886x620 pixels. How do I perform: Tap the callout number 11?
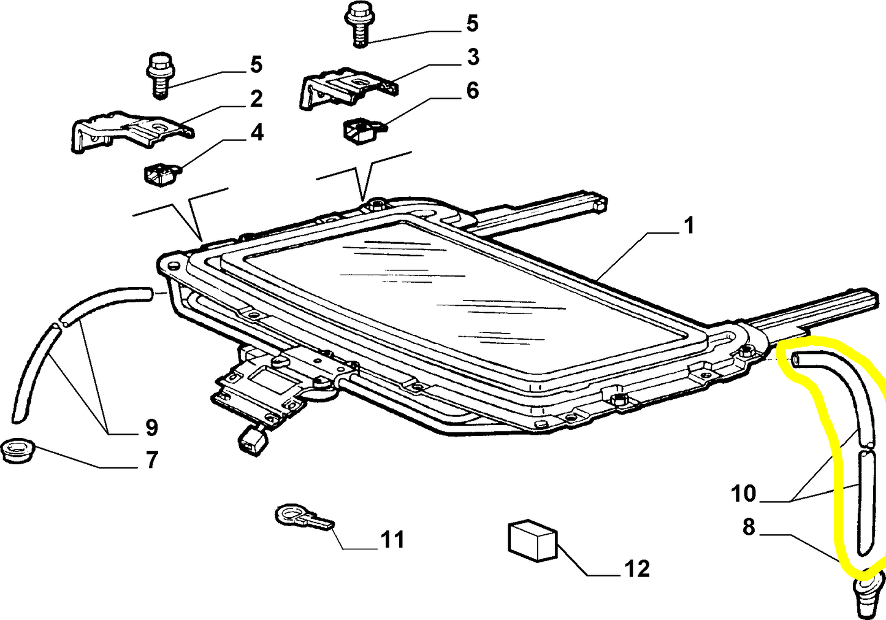point(392,540)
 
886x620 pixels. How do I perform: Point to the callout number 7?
point(151,459)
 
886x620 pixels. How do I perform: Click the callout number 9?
point(151,427)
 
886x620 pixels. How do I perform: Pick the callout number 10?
point(744,493)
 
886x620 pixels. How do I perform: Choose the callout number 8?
point(748,526)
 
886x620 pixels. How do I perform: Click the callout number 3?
point(472,57)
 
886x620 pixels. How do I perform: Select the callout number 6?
point(472,91)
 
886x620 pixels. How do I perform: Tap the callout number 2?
point(256,98)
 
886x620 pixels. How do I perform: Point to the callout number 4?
point(256,132)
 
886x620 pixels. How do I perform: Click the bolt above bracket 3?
point(359,23)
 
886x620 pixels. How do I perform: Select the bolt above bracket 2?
point(159,74)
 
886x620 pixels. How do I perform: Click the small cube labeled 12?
point(532,540)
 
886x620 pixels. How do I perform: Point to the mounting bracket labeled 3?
point(346,88)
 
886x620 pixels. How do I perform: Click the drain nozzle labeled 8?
point(866,595)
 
